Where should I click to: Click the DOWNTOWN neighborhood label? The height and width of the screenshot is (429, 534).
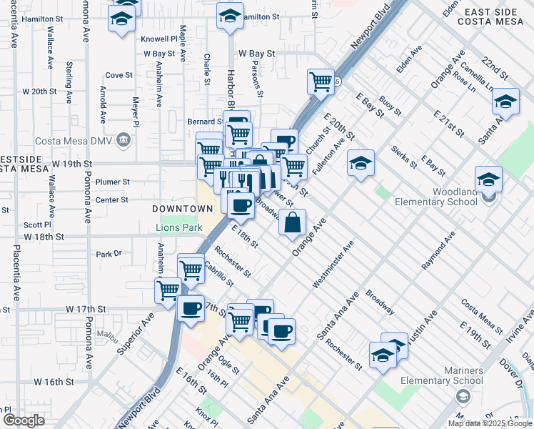[182, 209]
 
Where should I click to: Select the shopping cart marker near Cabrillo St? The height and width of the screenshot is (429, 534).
[191, 270]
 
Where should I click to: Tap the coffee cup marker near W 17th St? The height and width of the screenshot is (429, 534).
[191, 310]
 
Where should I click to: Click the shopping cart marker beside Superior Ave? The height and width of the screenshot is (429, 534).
[168, 290]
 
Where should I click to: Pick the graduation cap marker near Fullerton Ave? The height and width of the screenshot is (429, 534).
[361, 164]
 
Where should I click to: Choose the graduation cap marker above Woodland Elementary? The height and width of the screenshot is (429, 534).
[488, 179]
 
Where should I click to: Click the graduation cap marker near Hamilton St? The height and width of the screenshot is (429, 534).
[230, 15]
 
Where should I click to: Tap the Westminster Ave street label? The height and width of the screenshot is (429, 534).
[333, 265]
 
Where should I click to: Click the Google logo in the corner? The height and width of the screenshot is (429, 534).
[24, 420]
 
